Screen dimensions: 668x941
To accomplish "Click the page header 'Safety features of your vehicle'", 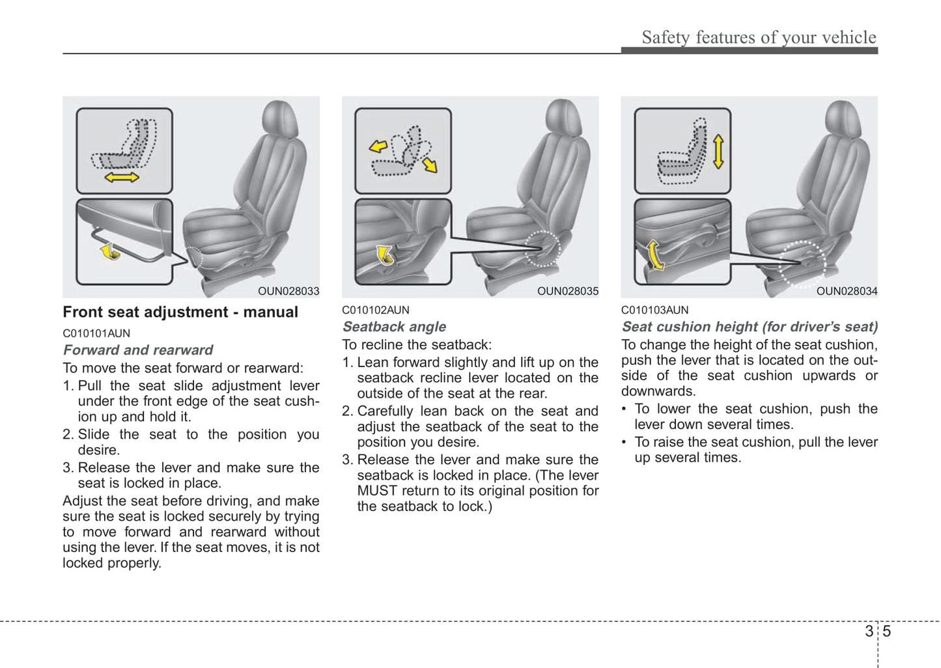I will [x=759, y=38].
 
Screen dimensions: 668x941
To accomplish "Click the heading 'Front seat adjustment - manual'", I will [x=180, y=313].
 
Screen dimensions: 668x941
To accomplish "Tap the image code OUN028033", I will [x=288, y=291].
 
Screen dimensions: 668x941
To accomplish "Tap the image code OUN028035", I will [x=567, y=291].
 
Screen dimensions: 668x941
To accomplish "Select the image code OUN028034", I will [x=847, y=291].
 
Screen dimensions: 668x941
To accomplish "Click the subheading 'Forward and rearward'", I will [x=138, y=350].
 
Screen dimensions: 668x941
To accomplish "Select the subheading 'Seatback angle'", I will [x=394, y=327].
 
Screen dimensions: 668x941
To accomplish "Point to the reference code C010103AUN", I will [x=654, y=310].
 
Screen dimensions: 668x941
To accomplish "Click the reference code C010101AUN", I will [x=96, y=333].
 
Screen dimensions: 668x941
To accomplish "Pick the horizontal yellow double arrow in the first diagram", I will [x=122, y=177].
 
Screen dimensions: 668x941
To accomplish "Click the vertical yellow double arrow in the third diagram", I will [x=718, y=152].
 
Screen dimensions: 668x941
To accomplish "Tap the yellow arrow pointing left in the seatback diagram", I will [x=378, y=146].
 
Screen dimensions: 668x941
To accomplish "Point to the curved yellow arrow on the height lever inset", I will [x=654, y=254].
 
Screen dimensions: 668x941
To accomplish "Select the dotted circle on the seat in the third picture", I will [x=802, y=263].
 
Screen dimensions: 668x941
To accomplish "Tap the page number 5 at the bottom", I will [x=887, y=631].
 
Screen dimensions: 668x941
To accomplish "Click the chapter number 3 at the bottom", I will [x=869, y=631].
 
